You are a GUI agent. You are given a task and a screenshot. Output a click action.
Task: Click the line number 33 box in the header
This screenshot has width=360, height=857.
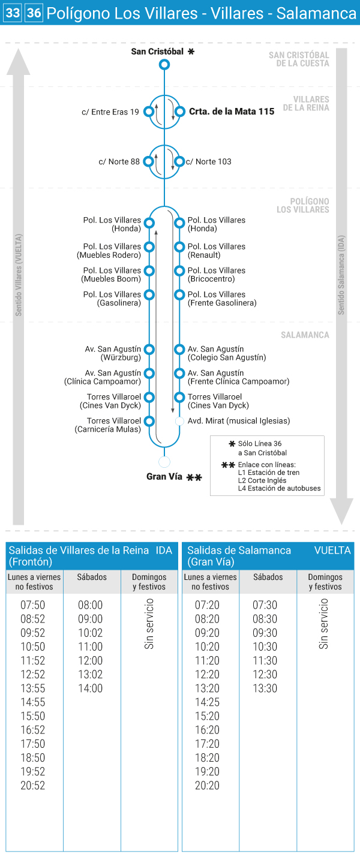pyautogui.click(x=12, y=13)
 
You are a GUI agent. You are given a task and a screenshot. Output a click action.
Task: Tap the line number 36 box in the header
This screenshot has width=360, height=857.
pyautogui.click(x=34, y=13)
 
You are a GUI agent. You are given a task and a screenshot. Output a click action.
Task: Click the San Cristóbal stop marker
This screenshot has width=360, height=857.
pyautogui.click(x=164, y=64)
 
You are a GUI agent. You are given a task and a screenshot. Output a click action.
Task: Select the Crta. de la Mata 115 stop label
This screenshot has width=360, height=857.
pyautogui.click(x=232, y=112)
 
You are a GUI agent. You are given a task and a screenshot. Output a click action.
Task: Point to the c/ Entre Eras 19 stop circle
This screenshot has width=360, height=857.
pyautogui.click(x=149, y=112)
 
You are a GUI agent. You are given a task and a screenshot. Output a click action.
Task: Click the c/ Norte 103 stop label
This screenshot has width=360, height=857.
pyautogui.click(x=209, y=161)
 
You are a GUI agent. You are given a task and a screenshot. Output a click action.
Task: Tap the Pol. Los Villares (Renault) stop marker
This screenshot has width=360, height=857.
pyautogui.click(x=179, y=246)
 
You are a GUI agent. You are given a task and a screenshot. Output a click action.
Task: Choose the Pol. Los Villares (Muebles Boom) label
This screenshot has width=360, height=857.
pyautogui.click(x=111, y=275)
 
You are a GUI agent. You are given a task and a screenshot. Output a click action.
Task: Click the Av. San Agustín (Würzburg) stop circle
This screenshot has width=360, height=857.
pyautogui.click(x=149, y=349)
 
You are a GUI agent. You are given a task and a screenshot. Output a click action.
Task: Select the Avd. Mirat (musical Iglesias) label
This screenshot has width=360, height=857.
pyautogui.click(x=239, y=421)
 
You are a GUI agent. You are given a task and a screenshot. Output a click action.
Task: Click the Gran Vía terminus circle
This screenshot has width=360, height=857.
pyautogui.click(x=164, y=462)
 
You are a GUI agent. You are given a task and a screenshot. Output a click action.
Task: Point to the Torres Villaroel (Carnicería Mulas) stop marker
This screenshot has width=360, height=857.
pyautogui.click(x=149, y=421)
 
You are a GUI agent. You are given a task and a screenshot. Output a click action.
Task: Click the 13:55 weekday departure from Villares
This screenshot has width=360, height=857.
pyautogui.click(x=33, y=688)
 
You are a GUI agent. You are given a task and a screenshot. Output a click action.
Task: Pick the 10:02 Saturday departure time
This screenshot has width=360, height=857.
pyautogui.click(x=90, y=633)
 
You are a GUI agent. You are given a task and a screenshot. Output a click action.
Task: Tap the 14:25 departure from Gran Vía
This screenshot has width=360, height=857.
pyautogui.click(x=208, y=702)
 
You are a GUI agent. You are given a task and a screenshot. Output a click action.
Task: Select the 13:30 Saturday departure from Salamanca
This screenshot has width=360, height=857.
pyautogui.click(x=265, y=688)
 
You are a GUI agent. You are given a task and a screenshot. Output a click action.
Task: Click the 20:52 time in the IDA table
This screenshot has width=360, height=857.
pyautogui.click(x=33, y=786)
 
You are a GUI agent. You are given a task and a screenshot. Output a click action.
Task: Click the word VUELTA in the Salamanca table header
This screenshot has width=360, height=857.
pyautogui.click(x=332, y=550)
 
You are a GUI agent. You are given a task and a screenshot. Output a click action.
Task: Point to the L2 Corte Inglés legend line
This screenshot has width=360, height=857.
pyautogui.click(x=262, y=480)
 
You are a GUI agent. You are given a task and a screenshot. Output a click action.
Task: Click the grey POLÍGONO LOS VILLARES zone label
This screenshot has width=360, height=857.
pyautogui.click(x=303, y=206)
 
